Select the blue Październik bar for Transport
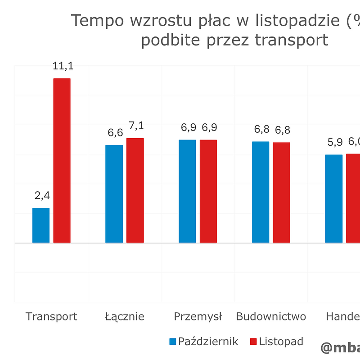(41, 225)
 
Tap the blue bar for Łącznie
(114, 194)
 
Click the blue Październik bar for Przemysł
(187, 191)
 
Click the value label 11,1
(63, 66)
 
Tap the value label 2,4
(42, 196)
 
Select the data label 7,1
(135, 126)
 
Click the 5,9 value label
(335, 143)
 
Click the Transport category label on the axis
(51, 316)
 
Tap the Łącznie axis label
(125, 316)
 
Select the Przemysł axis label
(198, 316)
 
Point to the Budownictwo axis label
(271, 316)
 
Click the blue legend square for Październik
(173, 342)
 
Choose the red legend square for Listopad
(253, 342)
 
